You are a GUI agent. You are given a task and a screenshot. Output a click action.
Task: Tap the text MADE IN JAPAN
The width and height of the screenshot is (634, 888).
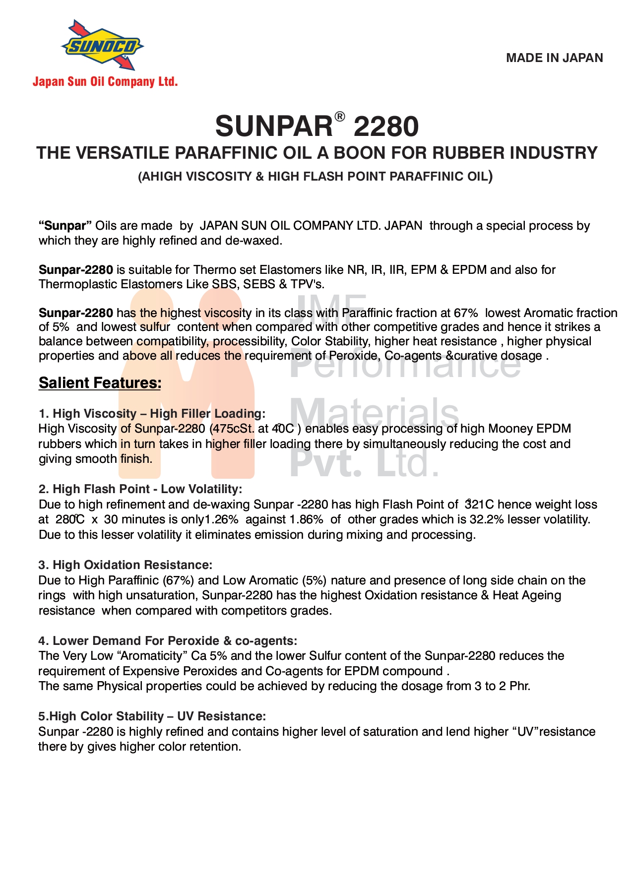pos(554,58)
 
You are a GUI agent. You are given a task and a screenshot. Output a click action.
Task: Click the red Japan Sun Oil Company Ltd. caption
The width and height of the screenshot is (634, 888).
pos(105,82)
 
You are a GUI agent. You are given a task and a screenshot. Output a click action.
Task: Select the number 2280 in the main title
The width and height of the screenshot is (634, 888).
pos(386,127)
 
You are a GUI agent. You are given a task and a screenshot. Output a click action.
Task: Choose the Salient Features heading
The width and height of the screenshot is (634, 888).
pos(100,383)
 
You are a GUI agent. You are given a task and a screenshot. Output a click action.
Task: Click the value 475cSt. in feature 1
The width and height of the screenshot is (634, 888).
pos(233,429)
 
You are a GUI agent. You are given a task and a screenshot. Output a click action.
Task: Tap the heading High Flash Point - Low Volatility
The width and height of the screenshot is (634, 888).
pos(140,489)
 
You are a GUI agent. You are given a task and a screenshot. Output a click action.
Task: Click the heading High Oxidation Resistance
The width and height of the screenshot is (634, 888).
pos(126,565)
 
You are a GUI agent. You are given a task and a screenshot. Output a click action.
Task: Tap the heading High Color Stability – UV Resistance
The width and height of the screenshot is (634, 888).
pos(152,716)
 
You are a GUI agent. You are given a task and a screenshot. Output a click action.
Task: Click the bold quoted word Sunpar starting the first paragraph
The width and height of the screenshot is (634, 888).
pos(65,226)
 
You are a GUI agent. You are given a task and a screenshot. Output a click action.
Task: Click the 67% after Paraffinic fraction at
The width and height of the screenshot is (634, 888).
pos(466,313)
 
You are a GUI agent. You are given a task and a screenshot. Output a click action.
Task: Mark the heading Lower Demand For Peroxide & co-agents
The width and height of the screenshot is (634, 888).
pos(168,641)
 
